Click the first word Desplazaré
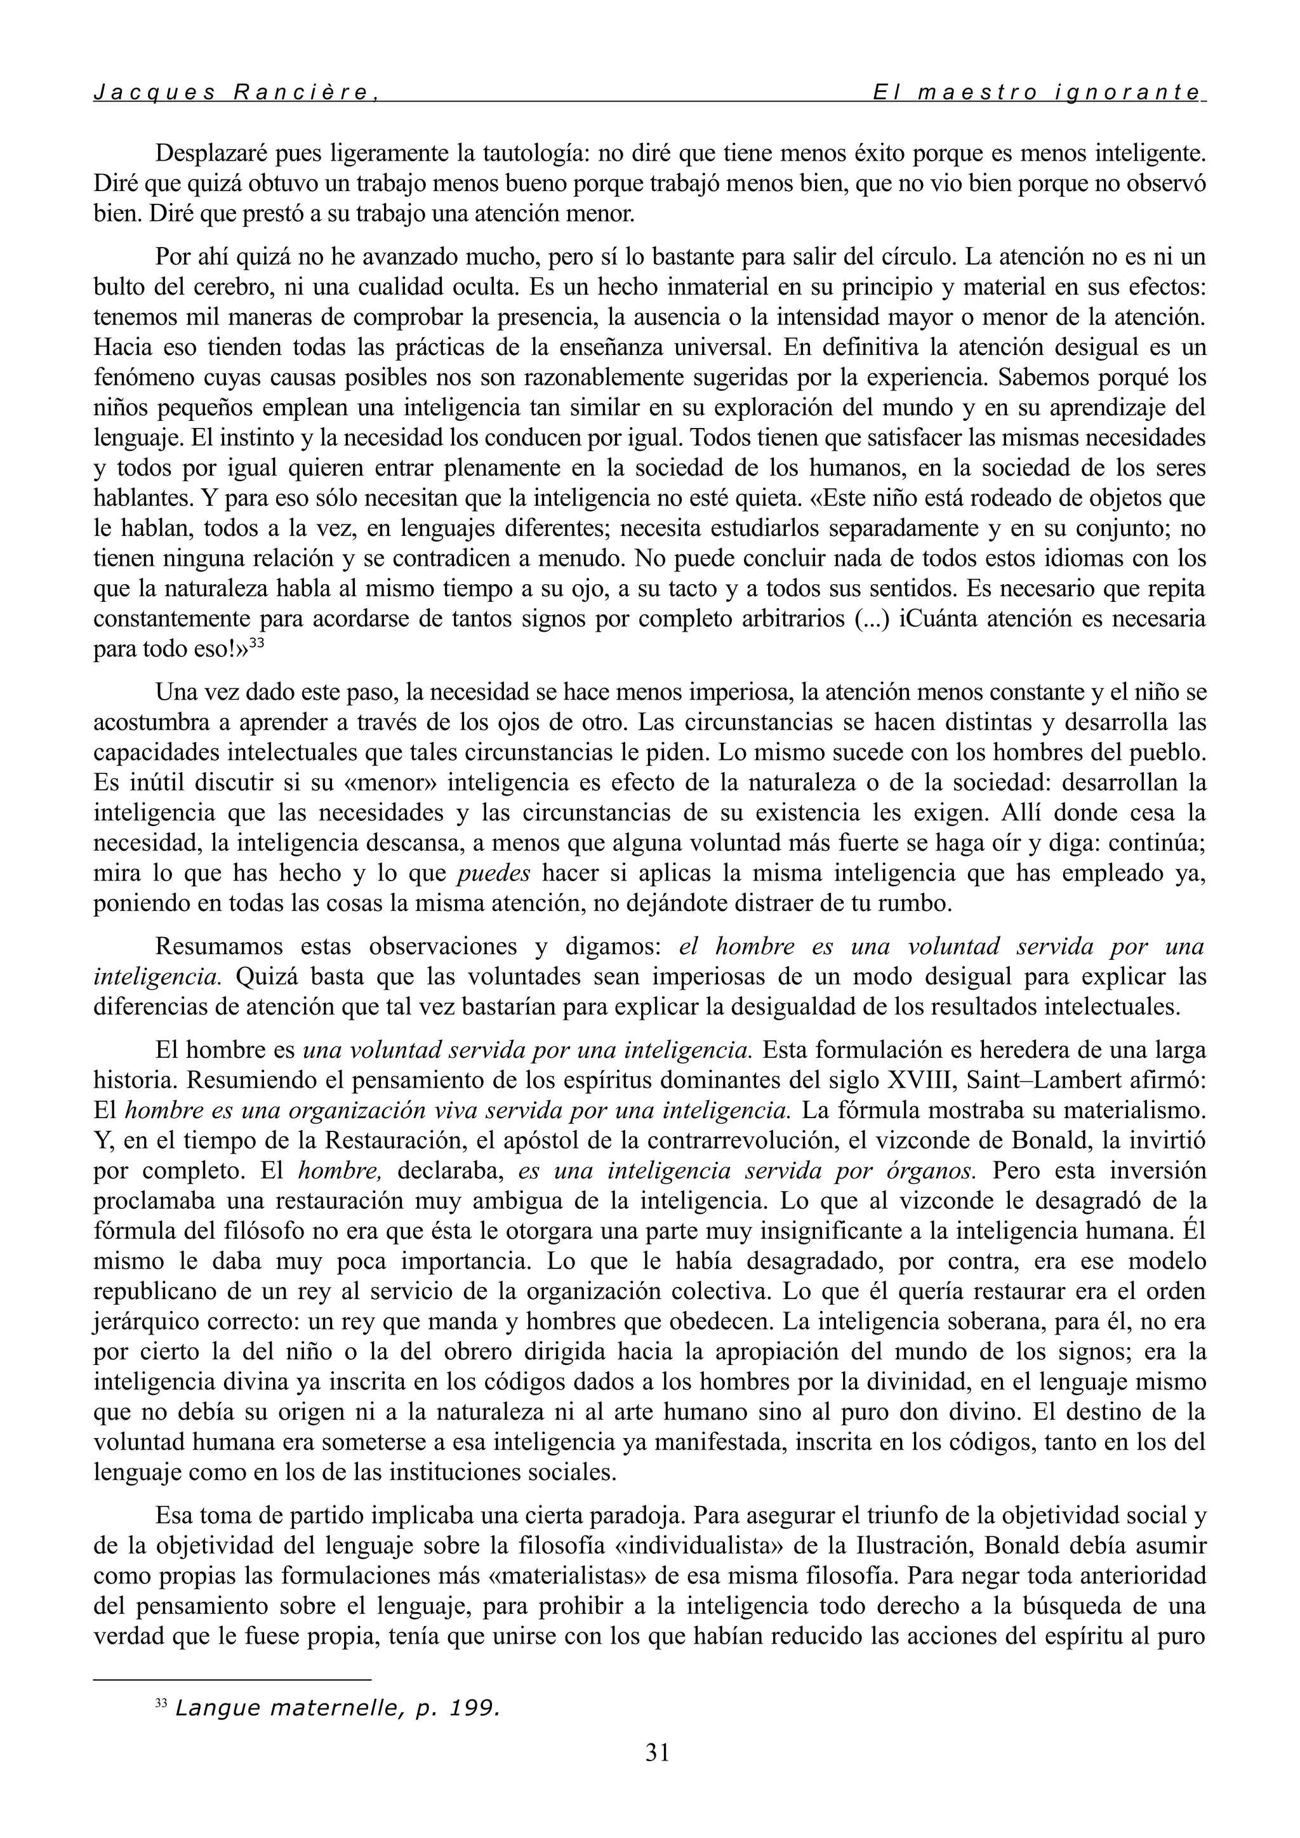tap(208, 152)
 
